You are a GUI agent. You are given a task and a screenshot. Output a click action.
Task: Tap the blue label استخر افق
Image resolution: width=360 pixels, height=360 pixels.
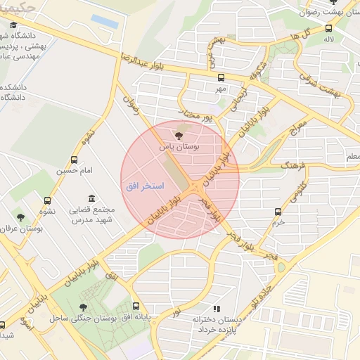[144, 186]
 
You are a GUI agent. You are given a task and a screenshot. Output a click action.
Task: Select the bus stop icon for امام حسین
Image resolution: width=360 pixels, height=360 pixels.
[75, 160]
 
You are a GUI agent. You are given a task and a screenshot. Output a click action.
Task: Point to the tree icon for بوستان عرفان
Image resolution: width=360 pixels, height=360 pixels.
[20, 217]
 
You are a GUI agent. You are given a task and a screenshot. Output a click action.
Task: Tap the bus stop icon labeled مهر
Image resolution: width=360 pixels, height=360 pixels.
[221, 78]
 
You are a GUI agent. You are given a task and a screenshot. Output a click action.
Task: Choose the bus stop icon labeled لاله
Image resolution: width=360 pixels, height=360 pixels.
[328, 29]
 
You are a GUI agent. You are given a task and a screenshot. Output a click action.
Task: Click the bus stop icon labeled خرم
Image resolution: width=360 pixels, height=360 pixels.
[278, 211]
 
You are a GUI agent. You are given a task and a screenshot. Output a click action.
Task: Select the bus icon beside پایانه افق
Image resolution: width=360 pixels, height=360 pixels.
[136, 307]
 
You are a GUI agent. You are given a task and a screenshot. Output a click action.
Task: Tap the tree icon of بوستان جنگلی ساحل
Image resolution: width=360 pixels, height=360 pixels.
[84, 307]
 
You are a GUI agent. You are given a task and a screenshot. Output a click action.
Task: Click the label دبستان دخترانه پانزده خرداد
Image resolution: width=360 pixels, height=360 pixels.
[224, 323]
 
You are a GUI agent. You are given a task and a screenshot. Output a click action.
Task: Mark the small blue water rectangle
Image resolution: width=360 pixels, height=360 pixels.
[105, 21]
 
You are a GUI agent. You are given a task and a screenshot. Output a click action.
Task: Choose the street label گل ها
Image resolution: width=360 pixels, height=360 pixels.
[290, 35]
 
